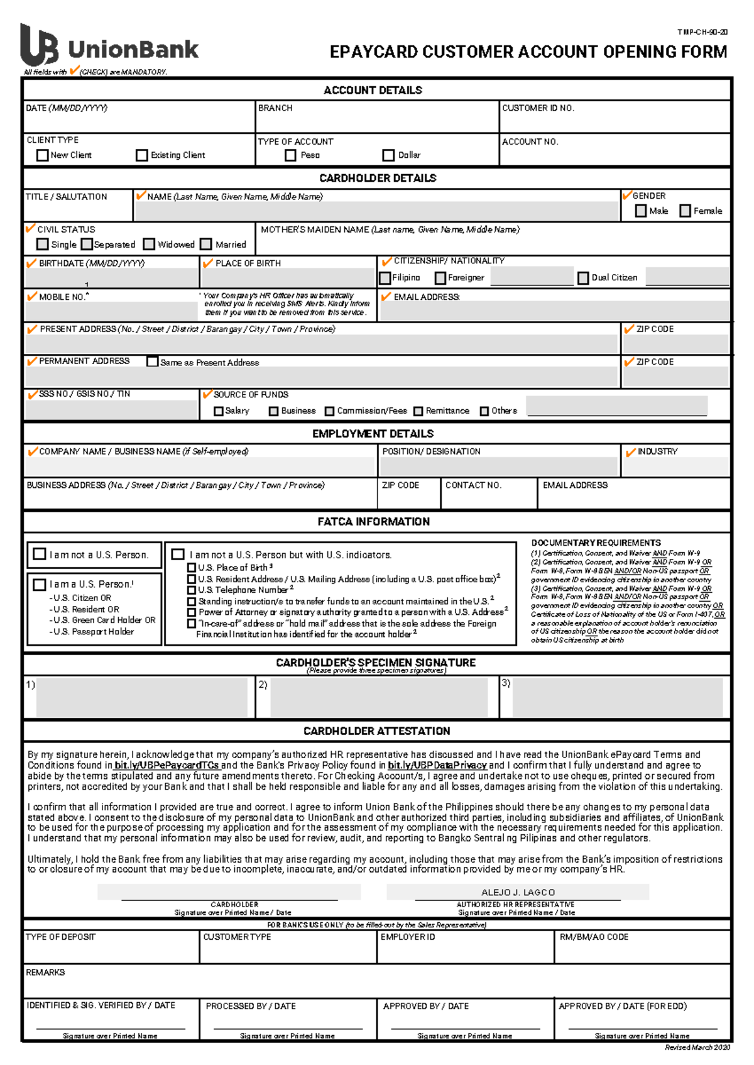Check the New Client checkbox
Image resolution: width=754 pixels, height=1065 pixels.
(x=43, y=155)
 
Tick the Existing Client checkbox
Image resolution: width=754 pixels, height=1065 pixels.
(x=142, y=155)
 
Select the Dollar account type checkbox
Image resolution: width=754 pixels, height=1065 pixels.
(x=388, y=155)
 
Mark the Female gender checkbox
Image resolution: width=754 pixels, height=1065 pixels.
(x=686, y=211)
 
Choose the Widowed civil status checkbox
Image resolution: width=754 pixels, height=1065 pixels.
(x=149, y=244)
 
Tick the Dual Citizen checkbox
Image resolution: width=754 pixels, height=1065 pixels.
(x=583, y=277)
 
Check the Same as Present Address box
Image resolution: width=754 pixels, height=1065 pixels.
(x=152, y=361)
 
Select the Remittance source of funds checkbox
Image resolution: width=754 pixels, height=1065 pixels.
(x=418, y=411)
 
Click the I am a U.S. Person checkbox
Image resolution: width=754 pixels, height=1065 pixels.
(x=40, y=584)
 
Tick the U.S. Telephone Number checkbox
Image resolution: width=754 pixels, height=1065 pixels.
(x=192, y=590)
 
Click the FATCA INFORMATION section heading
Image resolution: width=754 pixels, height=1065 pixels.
(x=374, y=522)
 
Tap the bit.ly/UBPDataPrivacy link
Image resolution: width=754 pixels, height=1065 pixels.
(x=437, y=765)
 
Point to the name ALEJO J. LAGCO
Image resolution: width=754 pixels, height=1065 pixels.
(x=518, y=892)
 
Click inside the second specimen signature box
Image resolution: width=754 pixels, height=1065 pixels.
(x=379, y=697)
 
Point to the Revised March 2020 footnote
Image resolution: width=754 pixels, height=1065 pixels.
(x=697, y=1047)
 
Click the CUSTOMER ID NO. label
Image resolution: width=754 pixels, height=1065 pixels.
(x=538, y=108)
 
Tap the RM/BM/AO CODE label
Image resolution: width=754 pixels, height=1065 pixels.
(x=594, y=937)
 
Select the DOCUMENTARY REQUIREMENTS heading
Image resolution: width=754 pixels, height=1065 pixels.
(x=596, y=543)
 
